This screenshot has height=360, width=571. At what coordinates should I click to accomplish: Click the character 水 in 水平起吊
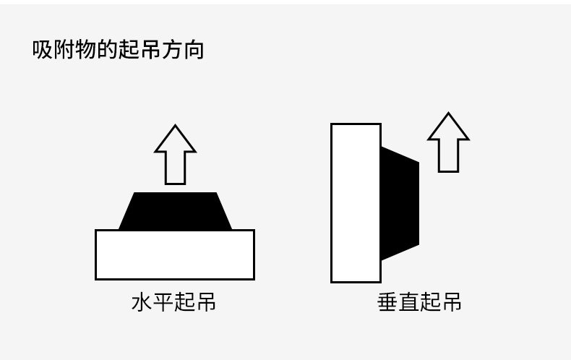coord(142,301)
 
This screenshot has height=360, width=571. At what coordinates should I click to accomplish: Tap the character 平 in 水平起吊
coord(163,301)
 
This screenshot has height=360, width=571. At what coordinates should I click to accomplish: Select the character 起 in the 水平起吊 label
coord(184,301)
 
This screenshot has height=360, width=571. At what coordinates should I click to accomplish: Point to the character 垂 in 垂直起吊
coord(387,301)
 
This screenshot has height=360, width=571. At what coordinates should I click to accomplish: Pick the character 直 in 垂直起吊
coord(408,301)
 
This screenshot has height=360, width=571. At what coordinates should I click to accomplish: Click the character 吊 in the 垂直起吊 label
coord(451,301)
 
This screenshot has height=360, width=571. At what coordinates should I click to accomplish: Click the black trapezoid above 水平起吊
coord(175,212)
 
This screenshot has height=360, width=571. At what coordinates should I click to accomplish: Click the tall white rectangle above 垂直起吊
coord(356,202)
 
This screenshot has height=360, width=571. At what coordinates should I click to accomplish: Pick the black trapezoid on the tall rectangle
coord(399,202)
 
